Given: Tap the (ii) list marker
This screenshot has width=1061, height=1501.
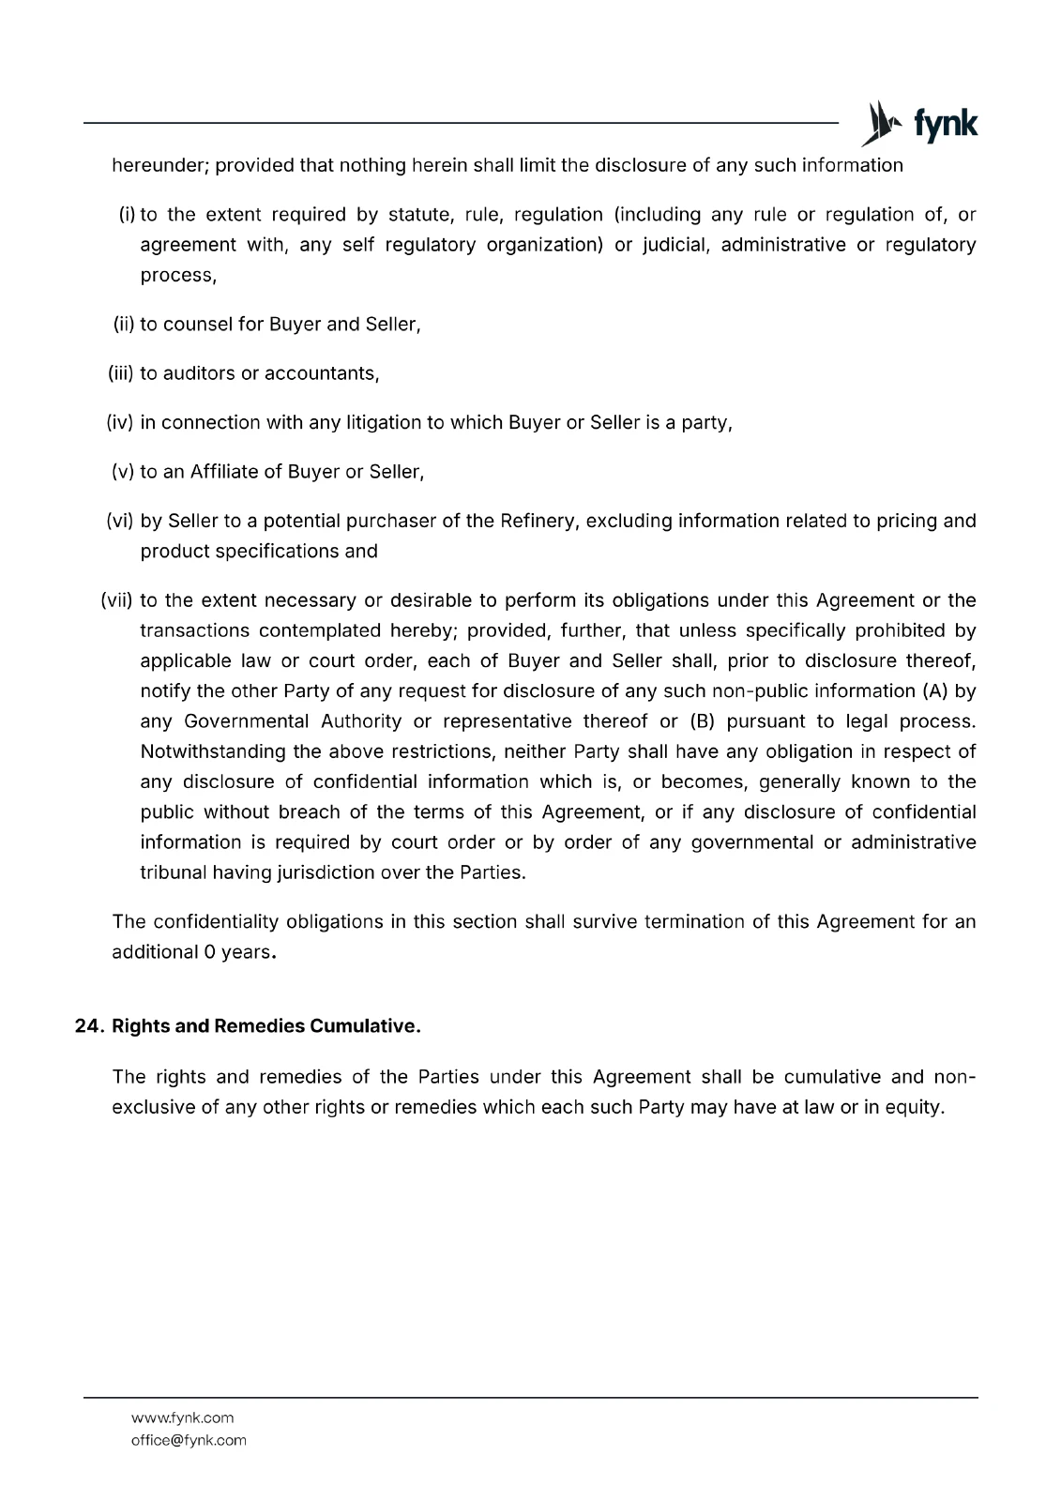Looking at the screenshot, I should point(124,325).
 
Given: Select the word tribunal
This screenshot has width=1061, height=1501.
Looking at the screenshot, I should point(173,872).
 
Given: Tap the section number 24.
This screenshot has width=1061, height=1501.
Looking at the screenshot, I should point(88,1026).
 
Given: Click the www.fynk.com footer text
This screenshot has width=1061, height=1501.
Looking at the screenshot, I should point(183,1418).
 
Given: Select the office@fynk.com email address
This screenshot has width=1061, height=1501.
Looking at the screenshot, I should point(189,1440).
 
